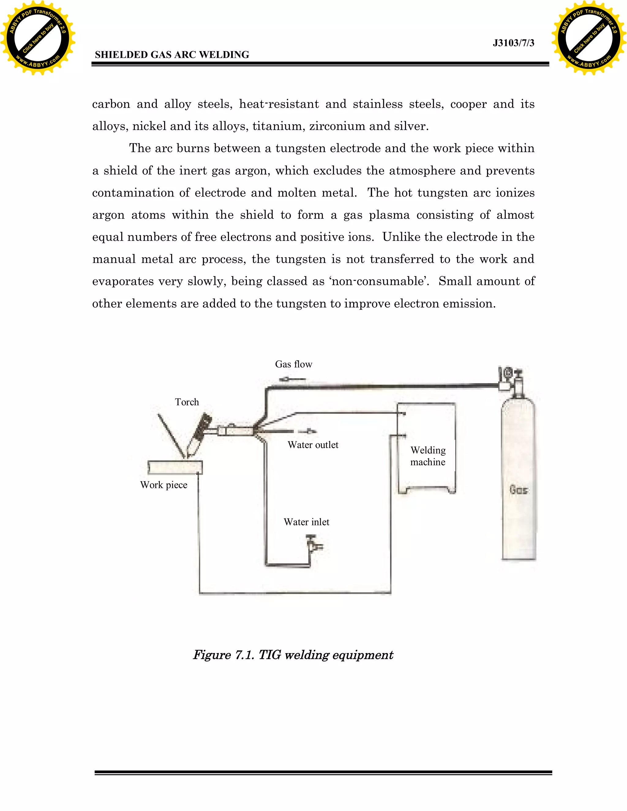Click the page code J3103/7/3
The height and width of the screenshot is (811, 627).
513,43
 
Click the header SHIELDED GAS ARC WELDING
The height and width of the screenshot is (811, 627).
172,55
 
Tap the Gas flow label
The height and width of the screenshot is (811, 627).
293,364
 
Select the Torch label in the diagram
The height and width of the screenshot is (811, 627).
187,402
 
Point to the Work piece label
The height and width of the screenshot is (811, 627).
163,485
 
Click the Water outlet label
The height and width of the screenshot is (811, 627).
313,445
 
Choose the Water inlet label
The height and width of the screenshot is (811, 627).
306,522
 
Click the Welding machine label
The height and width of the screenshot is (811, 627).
428,456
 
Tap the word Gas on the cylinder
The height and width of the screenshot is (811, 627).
519,490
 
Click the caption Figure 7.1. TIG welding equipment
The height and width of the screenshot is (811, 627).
293,655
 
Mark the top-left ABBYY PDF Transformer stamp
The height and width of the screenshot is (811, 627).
38,38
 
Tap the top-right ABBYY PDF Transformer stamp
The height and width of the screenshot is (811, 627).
589,38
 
